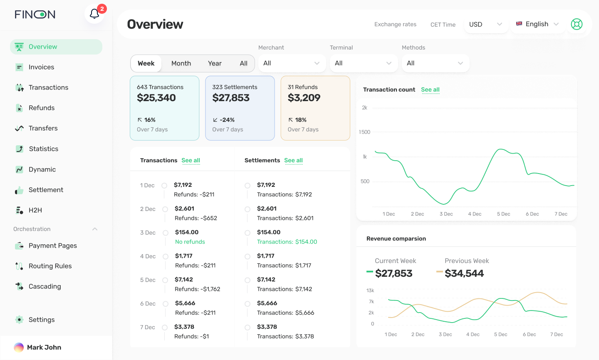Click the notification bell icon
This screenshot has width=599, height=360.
tap(94, 14)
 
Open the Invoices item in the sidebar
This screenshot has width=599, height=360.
tap(41, 67)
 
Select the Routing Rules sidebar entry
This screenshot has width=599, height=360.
tap(50, 266)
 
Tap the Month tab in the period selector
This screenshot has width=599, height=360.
tap(181, 63)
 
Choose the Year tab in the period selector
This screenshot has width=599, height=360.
tap(215, 63)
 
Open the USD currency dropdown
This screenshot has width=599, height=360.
tap(485, 24)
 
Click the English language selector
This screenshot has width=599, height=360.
tap(537, 24)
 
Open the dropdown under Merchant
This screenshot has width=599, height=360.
tap(291, 63)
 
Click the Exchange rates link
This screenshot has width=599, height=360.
tap(395, 24)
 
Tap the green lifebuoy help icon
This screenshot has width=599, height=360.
tap(577, 24)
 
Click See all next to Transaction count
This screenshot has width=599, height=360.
tap(430, 89)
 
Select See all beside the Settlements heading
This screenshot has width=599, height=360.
tap(293, 160)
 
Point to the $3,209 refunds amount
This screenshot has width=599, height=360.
tap(304, 98)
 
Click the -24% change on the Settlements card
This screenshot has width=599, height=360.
tap(227, 120)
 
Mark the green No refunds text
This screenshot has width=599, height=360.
tap(190, 242)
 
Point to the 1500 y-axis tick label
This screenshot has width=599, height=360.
tap(364, 132)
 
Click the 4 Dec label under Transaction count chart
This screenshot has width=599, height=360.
tap(475, 214)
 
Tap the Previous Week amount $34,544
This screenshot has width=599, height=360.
tap(464, 273)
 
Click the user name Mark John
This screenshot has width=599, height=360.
tap(44, 348)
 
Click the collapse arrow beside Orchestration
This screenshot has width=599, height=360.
tap(95, 229)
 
